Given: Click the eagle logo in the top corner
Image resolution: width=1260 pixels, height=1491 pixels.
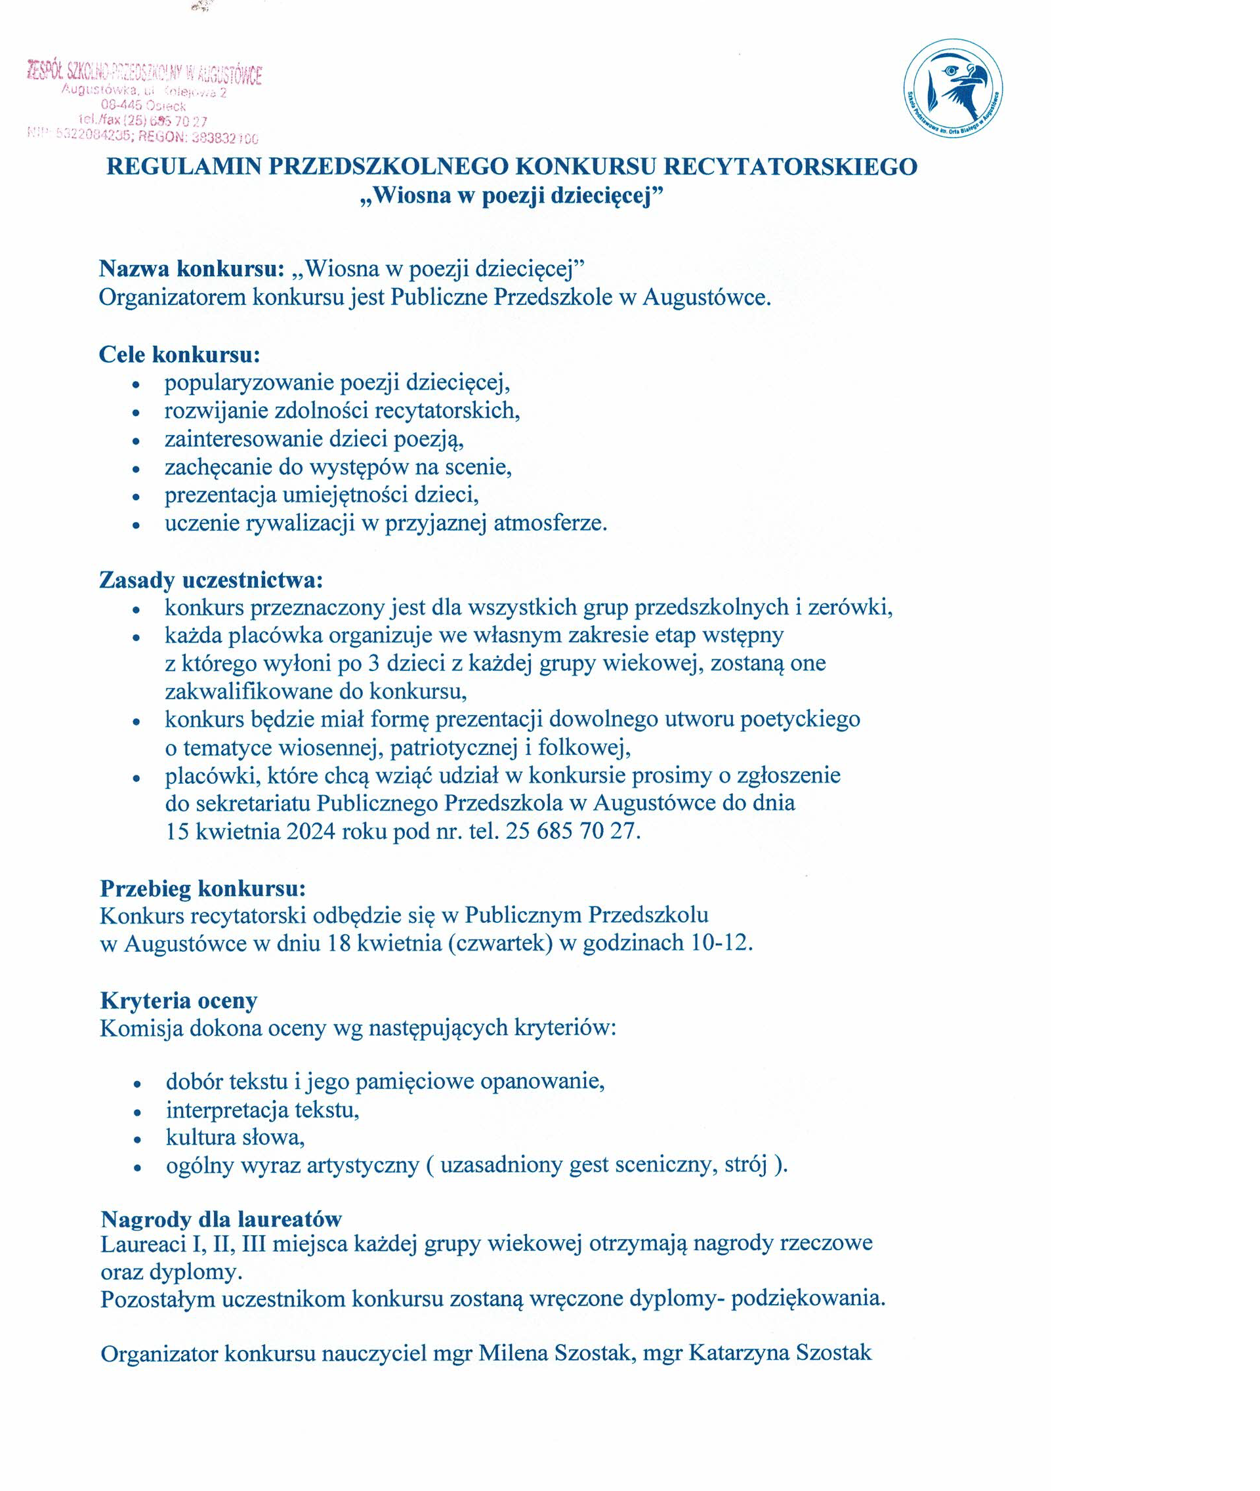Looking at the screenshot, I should [x=952, y=89].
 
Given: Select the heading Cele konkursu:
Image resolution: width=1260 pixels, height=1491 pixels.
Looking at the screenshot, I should [x=179, y=354].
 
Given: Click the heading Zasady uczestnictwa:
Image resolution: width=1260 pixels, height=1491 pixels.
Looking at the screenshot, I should [x=211, y=580].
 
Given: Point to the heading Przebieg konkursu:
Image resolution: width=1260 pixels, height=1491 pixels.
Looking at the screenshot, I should [x=203, y=888].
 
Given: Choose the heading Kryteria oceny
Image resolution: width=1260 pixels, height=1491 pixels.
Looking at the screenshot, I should [x=178, y=1000].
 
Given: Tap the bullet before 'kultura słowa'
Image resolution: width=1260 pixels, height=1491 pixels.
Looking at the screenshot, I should [x=137, y=1139].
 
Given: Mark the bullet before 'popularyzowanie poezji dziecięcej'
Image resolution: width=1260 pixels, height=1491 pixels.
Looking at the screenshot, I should [x=136, y=385].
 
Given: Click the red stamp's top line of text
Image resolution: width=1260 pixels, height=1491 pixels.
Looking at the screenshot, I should [x=144, y=72].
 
